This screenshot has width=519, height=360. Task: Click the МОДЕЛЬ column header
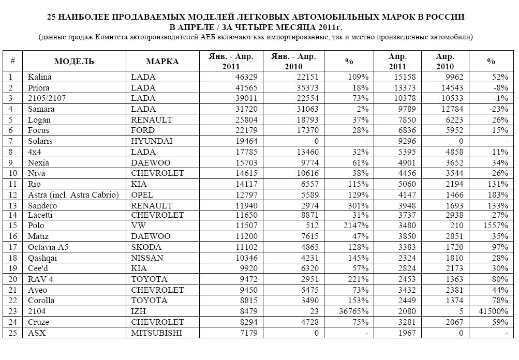(74, 62)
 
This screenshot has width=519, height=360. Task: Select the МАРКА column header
(162, 62)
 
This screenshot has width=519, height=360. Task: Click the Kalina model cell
(40, 77)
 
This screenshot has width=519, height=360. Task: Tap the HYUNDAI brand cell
(152, 141)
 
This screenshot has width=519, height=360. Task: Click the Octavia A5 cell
(48, 247)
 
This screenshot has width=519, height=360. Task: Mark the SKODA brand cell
(146, 247)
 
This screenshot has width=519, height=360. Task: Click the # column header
(12, 62)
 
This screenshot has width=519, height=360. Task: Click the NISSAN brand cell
(147, 258)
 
